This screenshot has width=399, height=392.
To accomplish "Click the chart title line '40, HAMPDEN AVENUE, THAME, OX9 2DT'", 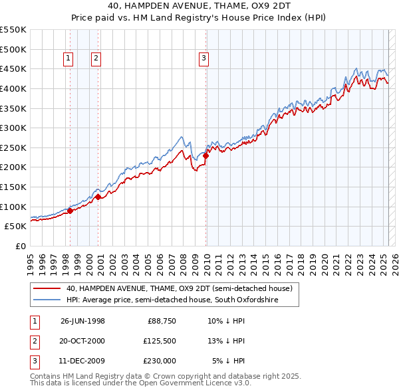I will click(x=199, y=7).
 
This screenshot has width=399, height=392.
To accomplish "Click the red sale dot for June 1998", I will click(x=70, y=211).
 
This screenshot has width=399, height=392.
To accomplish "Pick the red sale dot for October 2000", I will click(x=98, y=197).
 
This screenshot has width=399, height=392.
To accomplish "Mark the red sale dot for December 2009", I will click(x=205, y=156).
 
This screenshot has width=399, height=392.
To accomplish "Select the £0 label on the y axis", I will click(x=21, y=246).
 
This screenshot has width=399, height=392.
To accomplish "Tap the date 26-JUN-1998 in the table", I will click(x=82, y=321).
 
